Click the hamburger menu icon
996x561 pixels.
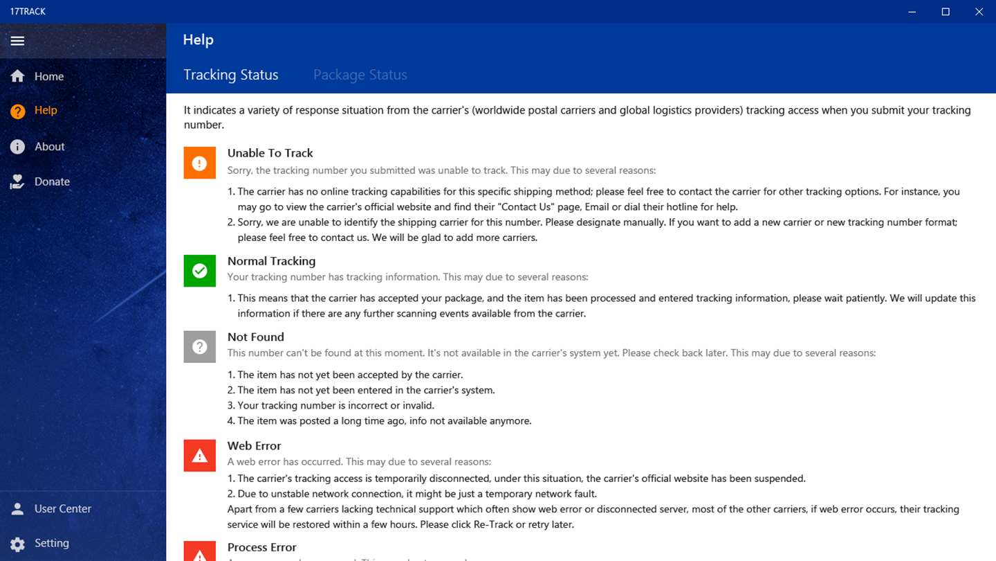click(x=18, y=41)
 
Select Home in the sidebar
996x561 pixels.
click(x=48, y=76)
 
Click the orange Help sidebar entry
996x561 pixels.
click(x=46, y=111)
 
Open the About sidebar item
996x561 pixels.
click(x=49, y=147)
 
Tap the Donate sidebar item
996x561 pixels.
click(x=52, y=181)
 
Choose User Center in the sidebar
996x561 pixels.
click(x=62, y=508)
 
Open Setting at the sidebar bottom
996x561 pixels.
click(x=51, y=543)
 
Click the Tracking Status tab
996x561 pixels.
click(x=230, y=75)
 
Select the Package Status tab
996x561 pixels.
click(x=360, y=75)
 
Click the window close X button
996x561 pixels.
click(x=979, y=12)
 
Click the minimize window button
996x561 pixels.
click(x=912, y=12)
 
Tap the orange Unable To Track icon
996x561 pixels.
click(x=199, y=163)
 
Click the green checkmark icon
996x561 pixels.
click(x=199, y=271)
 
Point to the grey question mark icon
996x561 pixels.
click(x=199, y=347)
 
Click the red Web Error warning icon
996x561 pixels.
click(x=199, y=455)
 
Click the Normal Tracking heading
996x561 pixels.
click(x=271, y=261)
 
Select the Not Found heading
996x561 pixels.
click(x=255, y=337)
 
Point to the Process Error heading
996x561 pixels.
click(x=261, y=547)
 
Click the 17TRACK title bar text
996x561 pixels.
click(x=28, y=12)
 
